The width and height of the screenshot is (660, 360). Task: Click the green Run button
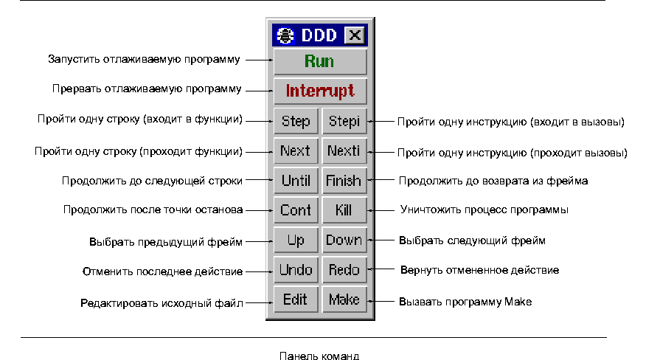[319, 61]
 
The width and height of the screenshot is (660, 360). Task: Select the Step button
[296, 121]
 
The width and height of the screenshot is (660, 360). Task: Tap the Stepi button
[344, 121]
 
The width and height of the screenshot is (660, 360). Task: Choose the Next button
[296, 150]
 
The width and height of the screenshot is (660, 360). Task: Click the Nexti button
[344, 150]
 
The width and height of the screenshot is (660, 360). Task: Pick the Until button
[296, 180]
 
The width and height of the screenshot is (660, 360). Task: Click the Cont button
[296, 210]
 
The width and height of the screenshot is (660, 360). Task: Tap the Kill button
[344, 210]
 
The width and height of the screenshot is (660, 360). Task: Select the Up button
[296, 240]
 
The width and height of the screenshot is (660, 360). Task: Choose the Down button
[344, 240]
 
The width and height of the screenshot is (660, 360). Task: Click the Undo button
[296, 270]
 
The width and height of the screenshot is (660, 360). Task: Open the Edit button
[296, 300]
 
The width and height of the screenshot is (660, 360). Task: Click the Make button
[344, 300]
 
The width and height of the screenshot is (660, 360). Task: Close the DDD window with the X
[355, 35]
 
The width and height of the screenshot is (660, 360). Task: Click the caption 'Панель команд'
[319, 355]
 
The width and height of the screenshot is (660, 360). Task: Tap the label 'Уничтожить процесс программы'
[484, 210]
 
